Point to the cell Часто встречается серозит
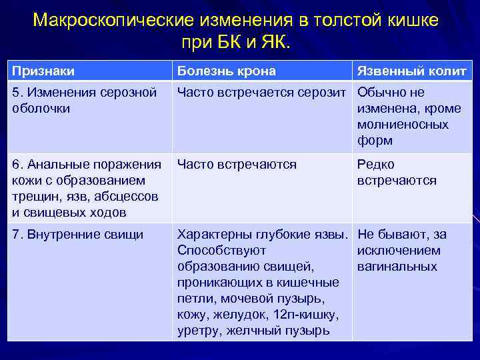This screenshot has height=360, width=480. pos(264,93)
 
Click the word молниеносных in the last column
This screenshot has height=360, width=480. pos(403,125)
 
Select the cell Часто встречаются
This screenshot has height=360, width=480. pos(237,165)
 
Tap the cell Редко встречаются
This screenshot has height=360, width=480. pos(397,173)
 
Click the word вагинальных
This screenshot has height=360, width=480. pos(397,267)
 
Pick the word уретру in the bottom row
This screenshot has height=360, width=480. pos(199,331)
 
